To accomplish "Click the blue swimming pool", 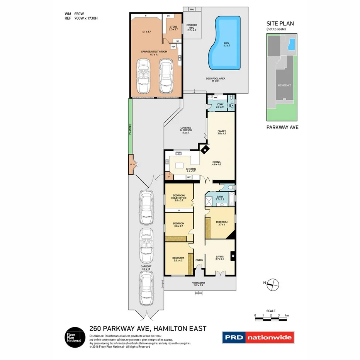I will (x=224, y=42).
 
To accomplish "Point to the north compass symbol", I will (x=273, y=284).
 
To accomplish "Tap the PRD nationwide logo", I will (x=258, y=337).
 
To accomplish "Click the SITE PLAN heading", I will (x=280, y=24).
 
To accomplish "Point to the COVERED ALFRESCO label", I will (x=186, y=129).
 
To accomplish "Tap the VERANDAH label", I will (x=199, y=284).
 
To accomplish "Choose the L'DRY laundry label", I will (x=220, y=105).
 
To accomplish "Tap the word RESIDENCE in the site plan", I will (x=284, y=85).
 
